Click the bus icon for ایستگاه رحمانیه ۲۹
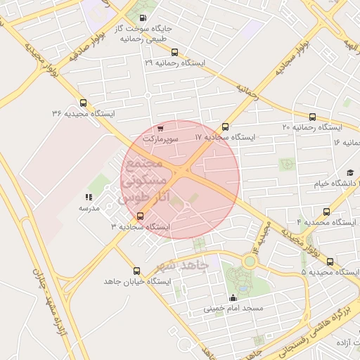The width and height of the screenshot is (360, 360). tap(174, 51)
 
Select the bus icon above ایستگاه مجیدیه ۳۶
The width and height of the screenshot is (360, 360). tap(84, 103)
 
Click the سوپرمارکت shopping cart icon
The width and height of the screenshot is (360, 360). tap(161, 129)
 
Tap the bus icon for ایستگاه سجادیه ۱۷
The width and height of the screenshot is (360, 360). tap(225, 127)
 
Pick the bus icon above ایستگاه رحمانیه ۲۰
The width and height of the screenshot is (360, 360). tap(312, 117)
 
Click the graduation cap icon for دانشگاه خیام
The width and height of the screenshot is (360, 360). tap(350, 173)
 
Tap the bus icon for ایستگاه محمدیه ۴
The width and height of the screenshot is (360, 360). tap(325, 211)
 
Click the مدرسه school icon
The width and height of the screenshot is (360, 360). tap(89, 198)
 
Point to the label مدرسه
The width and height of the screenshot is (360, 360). tap(89, 209)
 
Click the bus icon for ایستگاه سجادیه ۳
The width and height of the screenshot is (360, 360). tap(141, 216)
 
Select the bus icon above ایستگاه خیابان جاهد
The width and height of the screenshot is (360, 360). tap(136, 270)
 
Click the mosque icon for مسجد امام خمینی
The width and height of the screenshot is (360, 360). tap(233, 297)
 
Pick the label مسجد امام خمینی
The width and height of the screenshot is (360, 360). tap(233, 309)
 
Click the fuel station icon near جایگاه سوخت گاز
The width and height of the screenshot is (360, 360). tap(143, 18)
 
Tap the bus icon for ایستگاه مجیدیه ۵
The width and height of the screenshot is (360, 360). tap(330, 262)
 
